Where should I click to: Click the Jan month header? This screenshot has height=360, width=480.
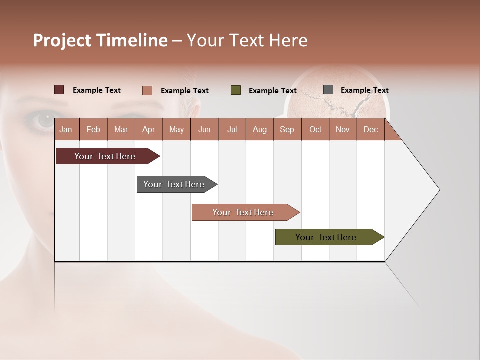(x=66, y=129)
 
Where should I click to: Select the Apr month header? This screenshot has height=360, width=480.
(x=148, y=129)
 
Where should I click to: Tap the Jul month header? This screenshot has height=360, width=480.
(x=232, y=129)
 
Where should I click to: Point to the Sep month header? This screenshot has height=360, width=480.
(x=287, y=129)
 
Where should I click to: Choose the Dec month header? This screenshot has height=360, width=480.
(x=370, y=129)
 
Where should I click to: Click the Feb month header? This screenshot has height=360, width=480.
(x=93, y=129)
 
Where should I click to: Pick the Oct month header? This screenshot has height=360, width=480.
(x=315, y=129)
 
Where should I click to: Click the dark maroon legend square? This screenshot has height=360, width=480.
(x=59, y=90)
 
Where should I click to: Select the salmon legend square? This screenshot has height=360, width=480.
(x=147, y=90)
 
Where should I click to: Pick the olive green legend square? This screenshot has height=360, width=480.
(x=236, y=90)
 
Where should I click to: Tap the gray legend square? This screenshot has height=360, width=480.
(x=328, y=90)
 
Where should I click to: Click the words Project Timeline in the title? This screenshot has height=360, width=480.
(x=100, y=40)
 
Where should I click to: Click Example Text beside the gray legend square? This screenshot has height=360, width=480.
(x=364, y=90)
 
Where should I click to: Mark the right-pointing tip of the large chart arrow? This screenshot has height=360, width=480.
(x=439, y=190)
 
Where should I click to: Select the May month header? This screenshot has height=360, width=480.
(x=176, y=129)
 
